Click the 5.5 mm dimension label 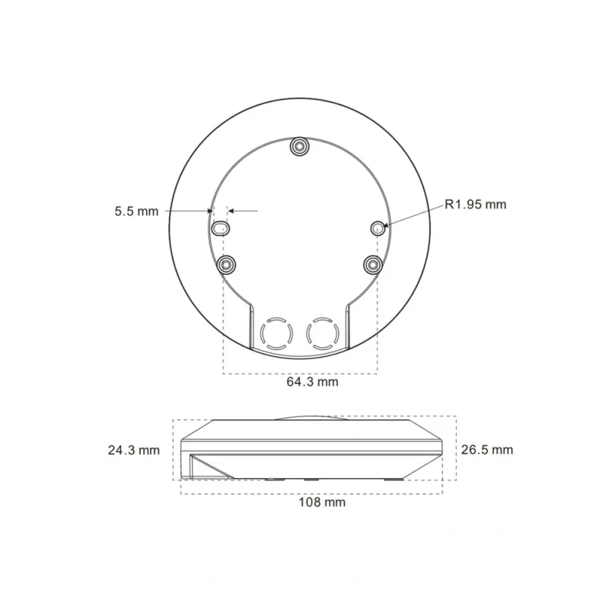(x=136, y=212)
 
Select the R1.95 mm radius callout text (x=475, y=204)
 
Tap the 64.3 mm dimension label (x=312, y=382)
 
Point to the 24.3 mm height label (x=134, y=450)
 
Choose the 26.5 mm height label (x=487, y=450)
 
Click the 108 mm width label (x=322, y=502)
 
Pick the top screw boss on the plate (x=299, y=146)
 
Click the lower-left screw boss (x=226, y=265)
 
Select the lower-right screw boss (x=373, y=264)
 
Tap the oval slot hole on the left (x=220, y=228)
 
